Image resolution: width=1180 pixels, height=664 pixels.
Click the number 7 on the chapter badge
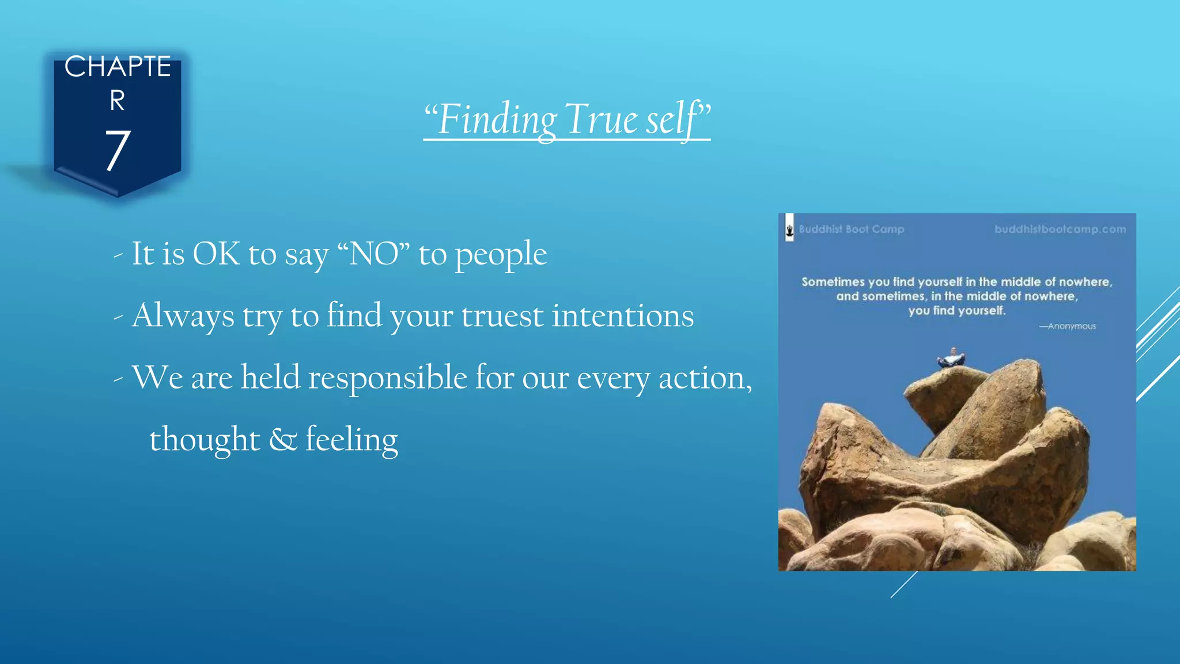pos(118,151)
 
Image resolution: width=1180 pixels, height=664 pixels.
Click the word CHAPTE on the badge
pos(118,67)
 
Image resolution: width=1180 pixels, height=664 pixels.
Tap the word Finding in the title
pos(497,119)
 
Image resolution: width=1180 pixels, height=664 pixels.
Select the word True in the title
pos(602,119)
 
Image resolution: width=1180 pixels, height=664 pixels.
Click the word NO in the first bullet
pos(374,254)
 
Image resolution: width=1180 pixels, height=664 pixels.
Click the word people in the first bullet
pos(501,255)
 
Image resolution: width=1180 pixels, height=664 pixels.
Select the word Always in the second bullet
pos(183,316)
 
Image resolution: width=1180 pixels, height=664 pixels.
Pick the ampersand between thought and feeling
pos(283,440)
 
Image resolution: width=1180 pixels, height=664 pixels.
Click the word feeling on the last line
pos(351,440)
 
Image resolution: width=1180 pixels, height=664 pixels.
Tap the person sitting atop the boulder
pos(952,358)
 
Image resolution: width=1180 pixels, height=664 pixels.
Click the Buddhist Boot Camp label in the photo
pos(851,229)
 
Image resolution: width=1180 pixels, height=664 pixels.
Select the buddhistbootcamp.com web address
pos(1060,229)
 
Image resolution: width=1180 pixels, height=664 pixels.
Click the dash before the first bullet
pos(118,255)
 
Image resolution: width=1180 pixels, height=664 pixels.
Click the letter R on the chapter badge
pos(118,101)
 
